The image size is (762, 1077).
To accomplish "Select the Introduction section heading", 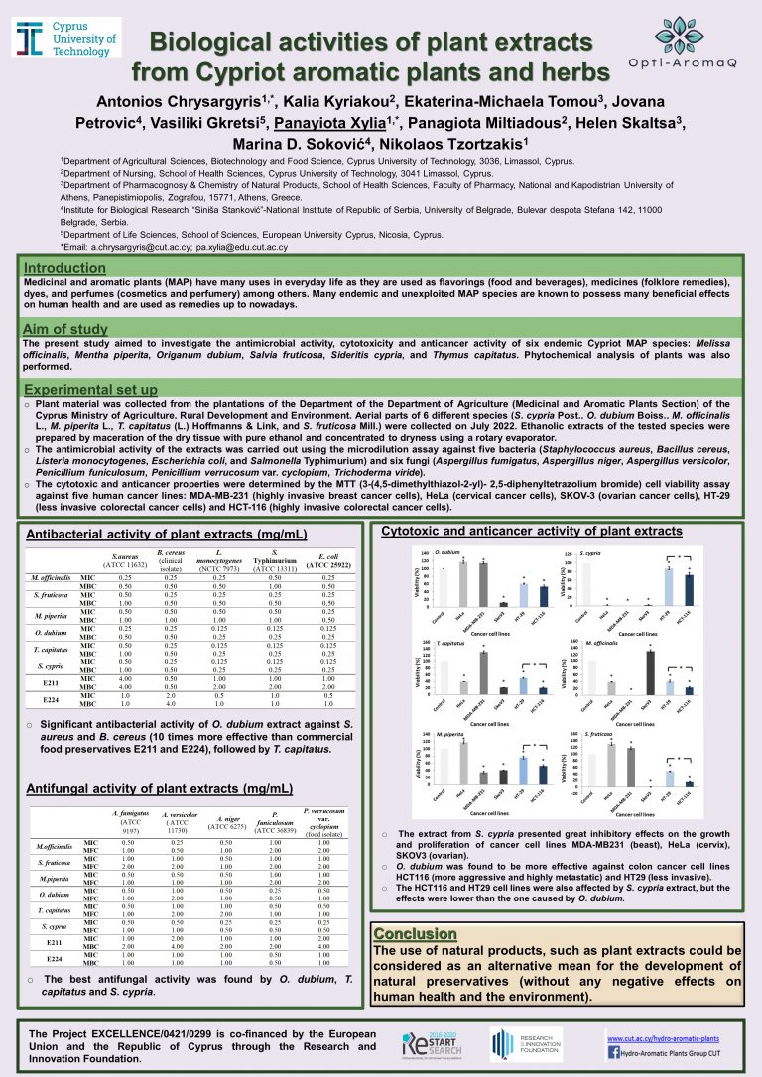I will [65, 268].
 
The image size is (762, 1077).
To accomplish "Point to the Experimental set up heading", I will [90, 390].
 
